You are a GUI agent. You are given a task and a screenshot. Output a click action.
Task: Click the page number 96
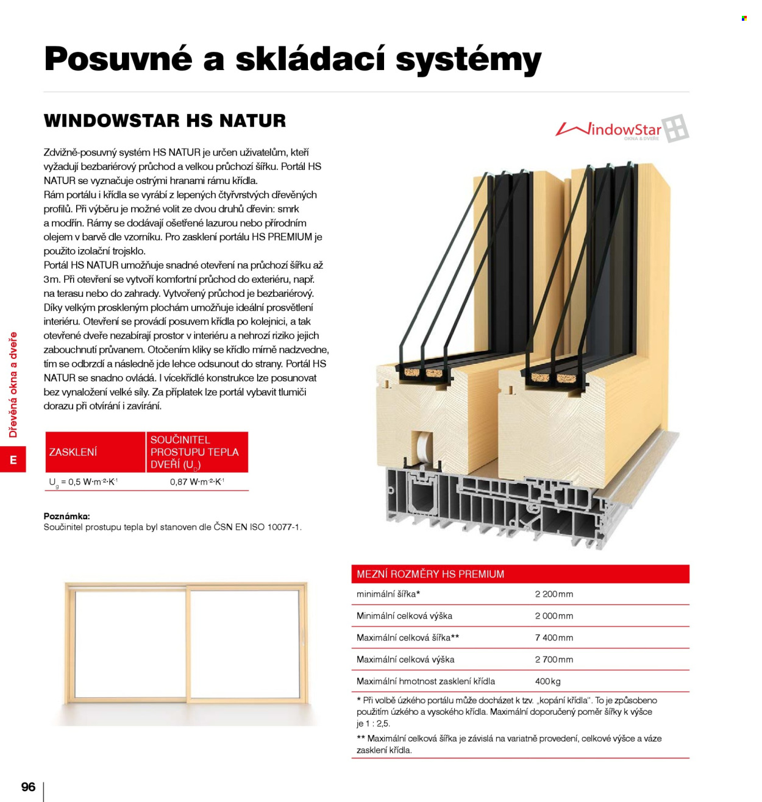point(28,787)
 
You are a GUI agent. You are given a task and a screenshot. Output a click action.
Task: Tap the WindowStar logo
point(621,129)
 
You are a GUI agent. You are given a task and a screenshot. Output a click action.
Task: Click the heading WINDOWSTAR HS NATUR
point(165,121)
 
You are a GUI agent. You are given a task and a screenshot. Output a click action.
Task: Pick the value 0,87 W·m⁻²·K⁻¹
point(197,481)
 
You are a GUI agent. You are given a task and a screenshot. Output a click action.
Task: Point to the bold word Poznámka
point(66,516)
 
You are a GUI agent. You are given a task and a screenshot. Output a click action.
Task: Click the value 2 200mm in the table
point(554,594)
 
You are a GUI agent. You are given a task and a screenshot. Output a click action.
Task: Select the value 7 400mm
point(554,637)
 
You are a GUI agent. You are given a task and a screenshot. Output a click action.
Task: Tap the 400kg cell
point(547,681)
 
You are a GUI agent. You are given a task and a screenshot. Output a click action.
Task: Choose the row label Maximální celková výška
point(405,659)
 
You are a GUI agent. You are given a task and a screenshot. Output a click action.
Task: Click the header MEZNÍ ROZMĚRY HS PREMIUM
point(430,574)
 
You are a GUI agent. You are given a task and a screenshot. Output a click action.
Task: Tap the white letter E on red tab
point(13,460)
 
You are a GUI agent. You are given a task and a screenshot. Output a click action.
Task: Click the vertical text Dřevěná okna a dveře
point(13,385)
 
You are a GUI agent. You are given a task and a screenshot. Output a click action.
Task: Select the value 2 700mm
point(554,659)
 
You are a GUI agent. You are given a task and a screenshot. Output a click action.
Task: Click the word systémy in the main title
point(468,60)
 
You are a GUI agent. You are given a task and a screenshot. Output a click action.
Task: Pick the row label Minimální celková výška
point(404,616)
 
